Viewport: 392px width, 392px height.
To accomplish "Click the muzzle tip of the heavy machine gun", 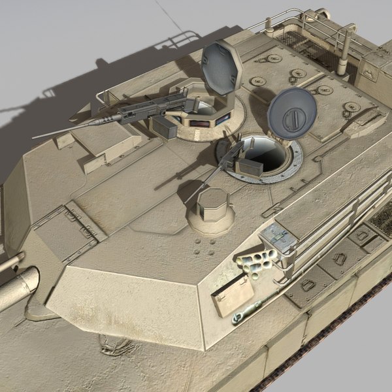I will (x=35, y=137).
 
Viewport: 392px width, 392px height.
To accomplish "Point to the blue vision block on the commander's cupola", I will (x=223, y=119).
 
